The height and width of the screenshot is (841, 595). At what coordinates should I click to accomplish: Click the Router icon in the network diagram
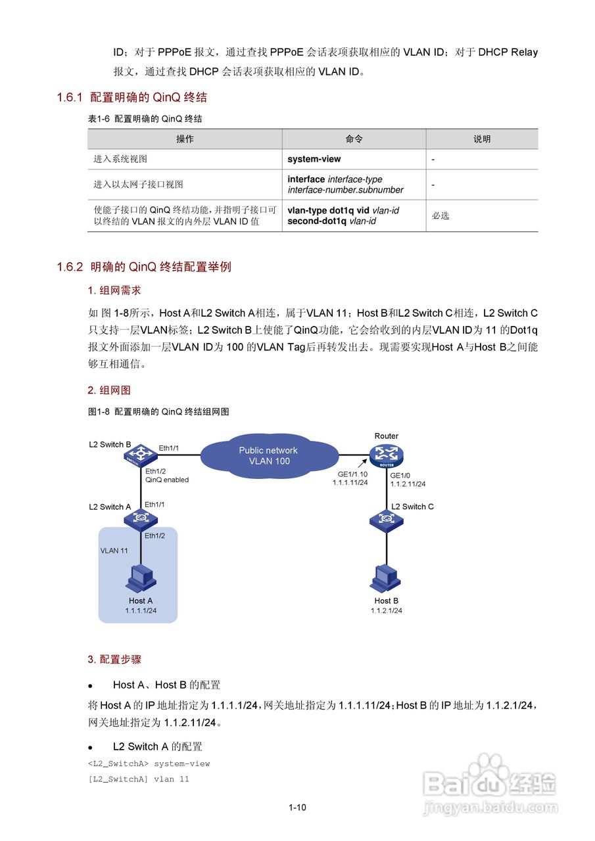click(x=387, y=454)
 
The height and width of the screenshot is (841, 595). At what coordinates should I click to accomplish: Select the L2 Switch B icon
click(x=139, y=454)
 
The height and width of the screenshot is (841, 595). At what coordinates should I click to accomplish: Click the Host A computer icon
click(x=141, y=578)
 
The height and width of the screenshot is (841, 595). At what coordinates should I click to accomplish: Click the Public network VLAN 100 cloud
click(x=268, y=455)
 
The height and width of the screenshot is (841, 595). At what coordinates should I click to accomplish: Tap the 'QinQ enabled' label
click(x=167, y=480)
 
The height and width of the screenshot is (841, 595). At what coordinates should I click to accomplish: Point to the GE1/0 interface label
click(x=400, y=475)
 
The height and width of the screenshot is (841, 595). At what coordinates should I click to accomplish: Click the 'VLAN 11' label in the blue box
click(x=114, y=551)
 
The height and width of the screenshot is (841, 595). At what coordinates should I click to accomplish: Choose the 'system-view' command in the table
click(x=314, y=159)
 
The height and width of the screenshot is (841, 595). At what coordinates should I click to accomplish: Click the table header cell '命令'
click(x=354, y=139)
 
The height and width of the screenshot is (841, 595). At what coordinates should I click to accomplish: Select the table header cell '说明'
click(x=482, y=139)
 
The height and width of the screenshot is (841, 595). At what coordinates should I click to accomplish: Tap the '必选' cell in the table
click(x=440, y=216)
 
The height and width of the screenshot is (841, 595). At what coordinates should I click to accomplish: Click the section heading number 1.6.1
click(x=70, y=98)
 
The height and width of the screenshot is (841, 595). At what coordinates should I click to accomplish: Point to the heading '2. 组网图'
click(x=109, y=390)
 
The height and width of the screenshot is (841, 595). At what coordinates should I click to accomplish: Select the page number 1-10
click(x=297, y=808)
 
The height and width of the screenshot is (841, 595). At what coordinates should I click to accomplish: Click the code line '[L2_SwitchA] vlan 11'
click(x=138, y=779)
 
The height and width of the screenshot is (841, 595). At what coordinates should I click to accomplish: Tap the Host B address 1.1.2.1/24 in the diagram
click(x=386, y=610)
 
